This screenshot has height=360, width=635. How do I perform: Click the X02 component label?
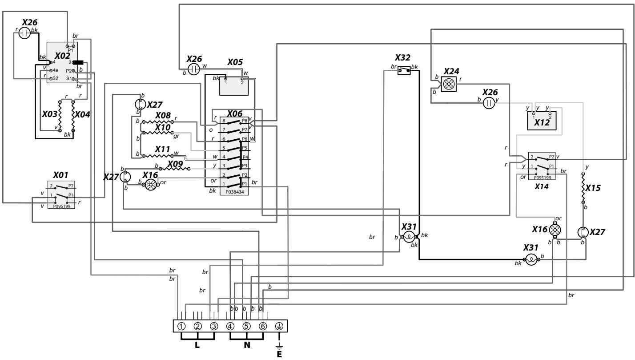click(62, 56)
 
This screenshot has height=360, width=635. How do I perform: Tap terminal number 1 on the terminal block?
click(181, 326)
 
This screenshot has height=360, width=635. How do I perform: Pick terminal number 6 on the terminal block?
click(263, 326)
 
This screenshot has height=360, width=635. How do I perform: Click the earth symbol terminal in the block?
click(279, 326)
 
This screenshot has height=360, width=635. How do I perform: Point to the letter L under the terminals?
click(197, 345)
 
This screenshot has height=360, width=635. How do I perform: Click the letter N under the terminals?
click(246, 345)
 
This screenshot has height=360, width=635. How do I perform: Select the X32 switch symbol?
click(404, 69)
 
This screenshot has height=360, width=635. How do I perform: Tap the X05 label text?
click(234, 62)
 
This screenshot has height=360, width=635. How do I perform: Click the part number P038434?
click(234, 191)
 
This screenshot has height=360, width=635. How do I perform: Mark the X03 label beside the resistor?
click(50, 114)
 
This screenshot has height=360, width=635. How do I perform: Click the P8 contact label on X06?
click(244, 121)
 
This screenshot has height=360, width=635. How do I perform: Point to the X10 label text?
click(162, 127)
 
